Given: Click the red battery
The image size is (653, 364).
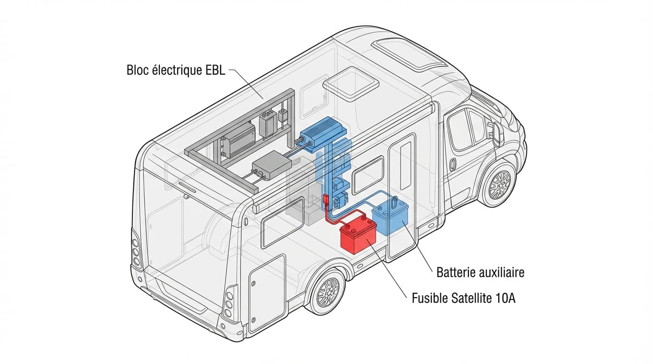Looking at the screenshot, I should [x=358, y=234].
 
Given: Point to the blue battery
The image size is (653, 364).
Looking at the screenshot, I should [x=391, y=216].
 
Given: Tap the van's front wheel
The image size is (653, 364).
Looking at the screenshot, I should [x=499, y=184].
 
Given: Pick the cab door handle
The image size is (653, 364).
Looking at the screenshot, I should [x=452, y=165].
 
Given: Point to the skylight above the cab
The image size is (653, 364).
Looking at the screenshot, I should [x=409, y=52].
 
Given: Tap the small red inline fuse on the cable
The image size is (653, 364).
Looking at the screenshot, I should [x=326, y=201].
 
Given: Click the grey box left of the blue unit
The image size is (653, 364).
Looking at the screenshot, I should [x=271, y=168].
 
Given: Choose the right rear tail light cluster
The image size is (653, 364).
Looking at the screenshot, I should [x=229, y=303].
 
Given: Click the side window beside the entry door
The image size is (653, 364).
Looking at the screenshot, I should [x=368, y=174].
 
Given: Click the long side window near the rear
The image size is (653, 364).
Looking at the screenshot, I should [x=283, y=222].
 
